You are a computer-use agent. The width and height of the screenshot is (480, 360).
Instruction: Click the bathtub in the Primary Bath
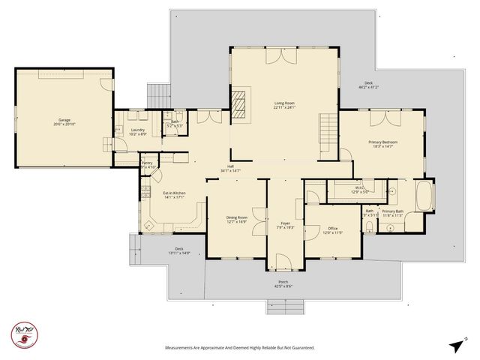(x=424, y=195)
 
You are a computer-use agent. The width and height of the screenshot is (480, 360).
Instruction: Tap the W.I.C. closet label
(x=361, y=190)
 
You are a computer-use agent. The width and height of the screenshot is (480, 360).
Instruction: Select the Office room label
(x=332, y=230)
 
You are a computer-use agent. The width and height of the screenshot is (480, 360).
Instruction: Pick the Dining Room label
(x=237, y=220)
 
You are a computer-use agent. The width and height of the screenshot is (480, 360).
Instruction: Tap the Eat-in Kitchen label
(x=174, y=195)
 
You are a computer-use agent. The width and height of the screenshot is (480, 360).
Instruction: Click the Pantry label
(x=147, y=164)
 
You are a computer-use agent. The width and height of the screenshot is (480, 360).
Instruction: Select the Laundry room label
(x=137, y=132)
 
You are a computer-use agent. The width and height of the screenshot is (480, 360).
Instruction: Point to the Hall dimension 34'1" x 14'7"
(x=230, y=171)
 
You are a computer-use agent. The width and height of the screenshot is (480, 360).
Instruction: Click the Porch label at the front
(x=283, y=284)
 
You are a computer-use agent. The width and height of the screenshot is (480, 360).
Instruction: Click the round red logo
(x=23, y=334)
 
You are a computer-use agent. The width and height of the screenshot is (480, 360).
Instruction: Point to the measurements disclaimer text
(x=239, y=348)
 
